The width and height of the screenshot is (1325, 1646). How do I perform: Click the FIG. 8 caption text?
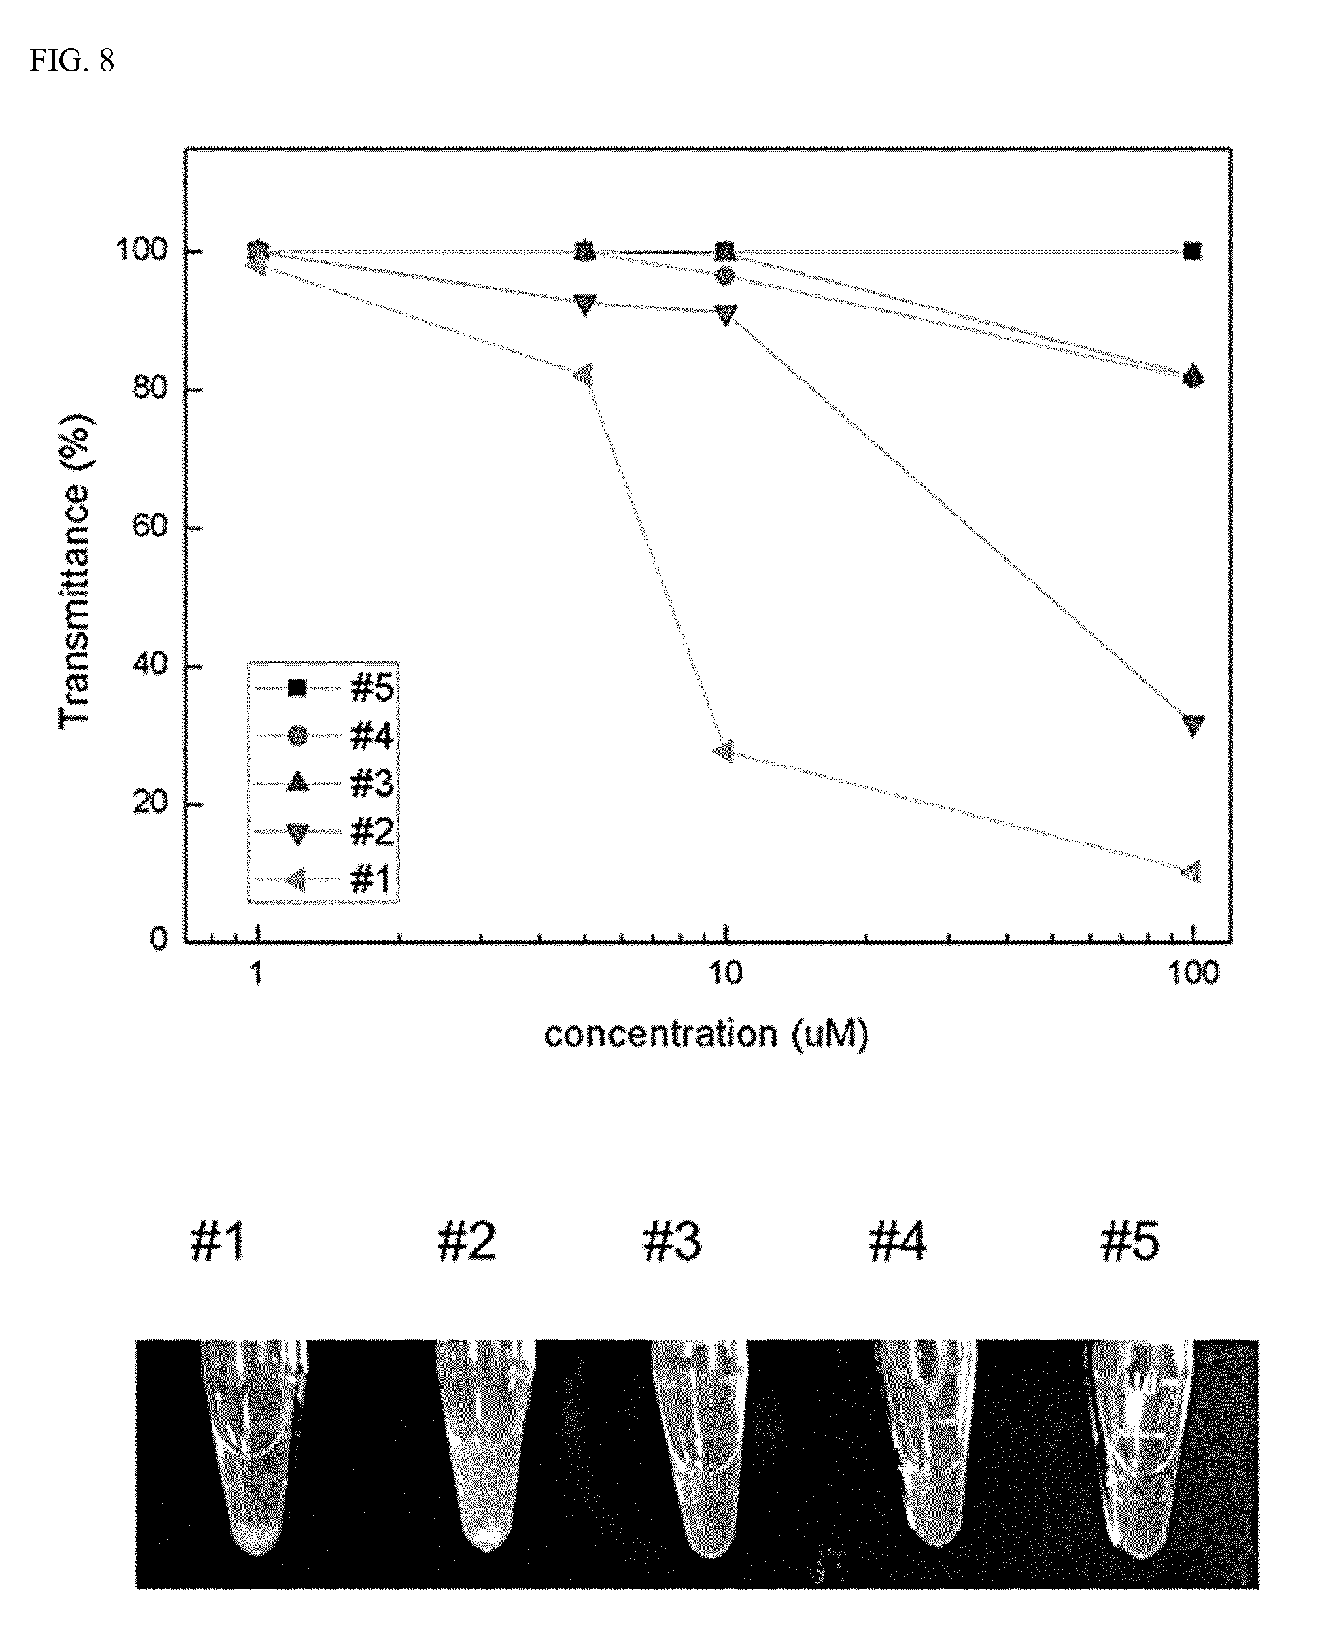click(72, 61)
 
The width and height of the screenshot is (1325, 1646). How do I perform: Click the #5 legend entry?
click(324, 689)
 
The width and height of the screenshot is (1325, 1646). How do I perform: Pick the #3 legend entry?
click(324, 784)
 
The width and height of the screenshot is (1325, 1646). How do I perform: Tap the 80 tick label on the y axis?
click(150, 390)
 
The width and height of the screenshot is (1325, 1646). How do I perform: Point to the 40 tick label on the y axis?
click(150, 666)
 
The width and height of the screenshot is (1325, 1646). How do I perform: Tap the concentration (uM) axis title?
click(706, 1035)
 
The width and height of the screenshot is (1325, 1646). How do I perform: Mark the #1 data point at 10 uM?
click(723, 752)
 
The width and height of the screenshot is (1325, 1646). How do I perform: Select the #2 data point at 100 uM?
click(1192, 725)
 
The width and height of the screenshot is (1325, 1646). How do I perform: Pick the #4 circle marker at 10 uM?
click(726, 275)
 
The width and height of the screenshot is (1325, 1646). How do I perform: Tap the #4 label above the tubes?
click(897, 1242)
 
